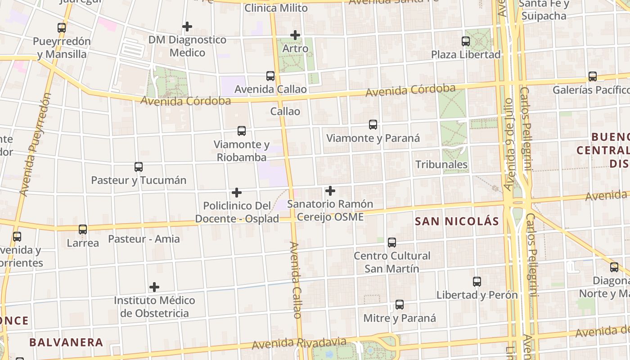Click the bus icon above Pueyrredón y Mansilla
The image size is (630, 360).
point(62,27)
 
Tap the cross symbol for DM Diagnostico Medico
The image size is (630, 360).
point(187,27)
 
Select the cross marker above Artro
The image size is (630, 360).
point(295,35)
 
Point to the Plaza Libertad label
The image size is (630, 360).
point(466,54)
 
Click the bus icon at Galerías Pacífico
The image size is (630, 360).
point(593,76)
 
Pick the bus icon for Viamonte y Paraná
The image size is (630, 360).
point(373,125)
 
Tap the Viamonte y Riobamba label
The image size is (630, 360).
point(242,151)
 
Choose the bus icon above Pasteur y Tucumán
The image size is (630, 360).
point(139,167)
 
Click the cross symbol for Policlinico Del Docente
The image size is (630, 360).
point(237,193)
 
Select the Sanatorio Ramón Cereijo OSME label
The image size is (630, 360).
point(330,210)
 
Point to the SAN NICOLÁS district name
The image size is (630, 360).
point(457,221)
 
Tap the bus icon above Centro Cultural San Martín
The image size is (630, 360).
point(392,243)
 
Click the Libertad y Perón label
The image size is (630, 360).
point(477,295)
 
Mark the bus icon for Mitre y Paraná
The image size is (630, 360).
point(400,305)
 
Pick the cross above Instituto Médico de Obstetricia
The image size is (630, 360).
point(154,287)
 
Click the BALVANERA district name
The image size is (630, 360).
point(66,342)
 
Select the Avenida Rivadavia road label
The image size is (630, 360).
point(299,343)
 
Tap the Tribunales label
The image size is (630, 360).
point(441,164)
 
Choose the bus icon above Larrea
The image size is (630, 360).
point(83,229)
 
